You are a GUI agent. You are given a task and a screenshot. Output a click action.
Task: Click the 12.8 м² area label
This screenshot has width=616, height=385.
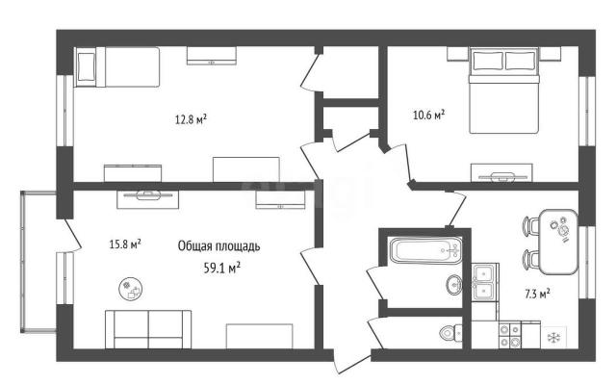pos(191,119)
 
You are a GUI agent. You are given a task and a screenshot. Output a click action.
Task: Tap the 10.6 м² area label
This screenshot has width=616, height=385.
pos(428,115)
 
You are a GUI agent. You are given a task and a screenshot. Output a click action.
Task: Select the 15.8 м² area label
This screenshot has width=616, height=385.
pos(125,244)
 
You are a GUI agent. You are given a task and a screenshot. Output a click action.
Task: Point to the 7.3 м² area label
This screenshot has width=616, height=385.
pos(537,294)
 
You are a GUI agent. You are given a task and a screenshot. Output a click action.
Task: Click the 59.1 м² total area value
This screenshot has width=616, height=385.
pos(222,269)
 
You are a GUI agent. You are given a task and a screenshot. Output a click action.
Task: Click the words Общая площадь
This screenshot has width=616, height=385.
pos(218,246)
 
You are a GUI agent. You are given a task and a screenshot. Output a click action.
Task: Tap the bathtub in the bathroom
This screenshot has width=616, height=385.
pos(425,250)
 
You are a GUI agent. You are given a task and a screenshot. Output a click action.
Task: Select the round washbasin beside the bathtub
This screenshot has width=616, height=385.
pos(454,284)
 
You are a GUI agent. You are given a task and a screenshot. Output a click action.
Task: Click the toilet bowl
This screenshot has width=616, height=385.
pos(450,333)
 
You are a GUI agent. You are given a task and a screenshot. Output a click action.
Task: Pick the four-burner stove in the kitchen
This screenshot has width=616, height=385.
pos(510,335)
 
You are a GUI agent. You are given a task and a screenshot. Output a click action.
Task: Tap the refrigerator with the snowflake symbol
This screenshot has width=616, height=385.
pos(553,337)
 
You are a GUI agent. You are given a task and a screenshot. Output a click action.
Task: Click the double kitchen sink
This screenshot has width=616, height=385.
pos(484,282)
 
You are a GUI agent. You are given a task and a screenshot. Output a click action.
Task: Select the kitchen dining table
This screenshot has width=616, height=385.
pos(558,242)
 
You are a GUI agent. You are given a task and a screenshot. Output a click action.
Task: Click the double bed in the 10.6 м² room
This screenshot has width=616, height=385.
pos(503,90)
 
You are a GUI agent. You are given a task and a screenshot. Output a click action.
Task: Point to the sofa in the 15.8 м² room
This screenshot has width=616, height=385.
pos(148,329)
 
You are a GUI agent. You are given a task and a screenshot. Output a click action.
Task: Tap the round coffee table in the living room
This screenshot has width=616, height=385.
pos(131,289)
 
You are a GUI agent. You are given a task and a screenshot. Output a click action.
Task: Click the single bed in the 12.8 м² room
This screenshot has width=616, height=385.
pos(117,66)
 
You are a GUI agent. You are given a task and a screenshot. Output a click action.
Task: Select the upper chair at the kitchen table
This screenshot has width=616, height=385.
pos(530,226)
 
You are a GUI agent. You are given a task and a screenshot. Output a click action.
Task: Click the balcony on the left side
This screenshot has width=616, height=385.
pos(38,262)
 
